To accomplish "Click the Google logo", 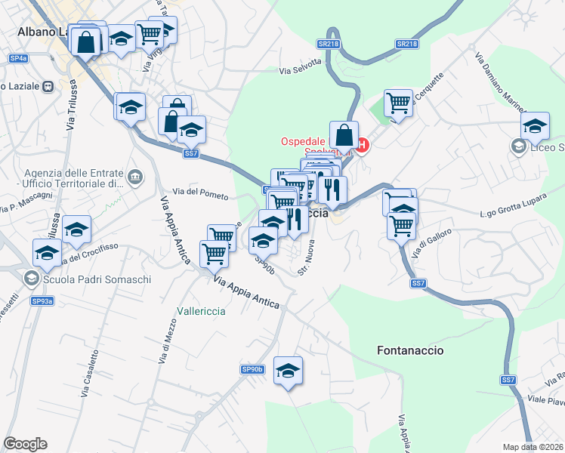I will [x=25, y=444].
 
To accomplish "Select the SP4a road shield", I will [x=19, y=58].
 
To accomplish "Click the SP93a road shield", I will [x=42, y=301].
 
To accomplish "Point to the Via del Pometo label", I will [x=200, y=194].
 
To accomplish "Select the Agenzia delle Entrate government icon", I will [x=135, y=177].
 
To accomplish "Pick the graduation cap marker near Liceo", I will [x=536, y=126].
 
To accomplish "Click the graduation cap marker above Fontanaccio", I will [x=288, y=371].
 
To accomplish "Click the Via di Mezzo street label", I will [x=164, y=345].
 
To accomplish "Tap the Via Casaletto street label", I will [x=88, y=372].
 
